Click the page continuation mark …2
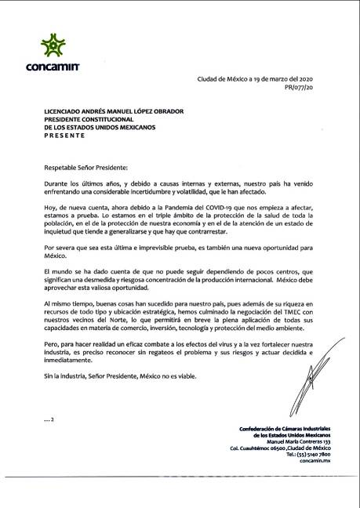(49, 419)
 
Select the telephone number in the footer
(309, 454)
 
